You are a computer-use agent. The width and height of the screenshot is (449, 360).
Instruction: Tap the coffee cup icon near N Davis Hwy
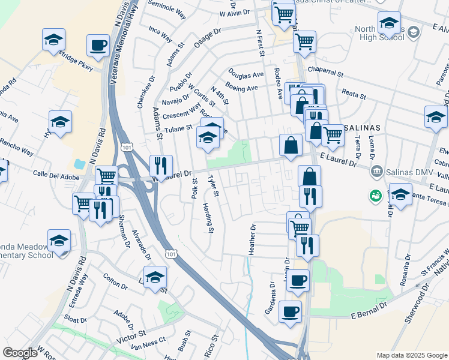(x=98, y=45)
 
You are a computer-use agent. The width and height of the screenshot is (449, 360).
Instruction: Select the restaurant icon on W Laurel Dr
(x=160, y=165)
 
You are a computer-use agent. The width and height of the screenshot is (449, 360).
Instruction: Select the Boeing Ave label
(x=241, y=88)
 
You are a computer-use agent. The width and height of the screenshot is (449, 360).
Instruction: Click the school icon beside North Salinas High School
(x=389, y=23)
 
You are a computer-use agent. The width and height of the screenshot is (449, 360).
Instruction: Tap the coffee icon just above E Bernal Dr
(x=291, y=311)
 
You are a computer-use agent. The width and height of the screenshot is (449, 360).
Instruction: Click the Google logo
(x=20, y=353)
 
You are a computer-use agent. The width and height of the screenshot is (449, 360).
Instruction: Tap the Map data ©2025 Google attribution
(x=412, y=355)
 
